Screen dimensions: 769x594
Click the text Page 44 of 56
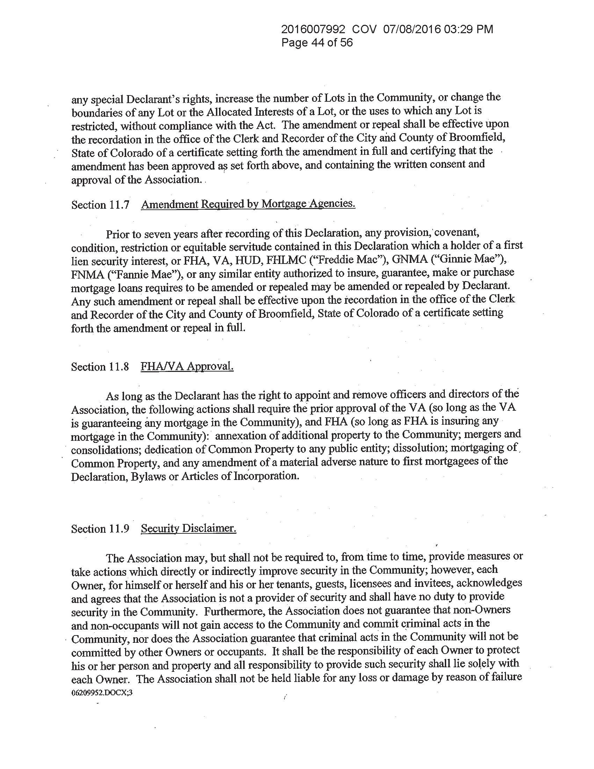[317, 43]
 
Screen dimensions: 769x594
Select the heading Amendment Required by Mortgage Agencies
[248, 204]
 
